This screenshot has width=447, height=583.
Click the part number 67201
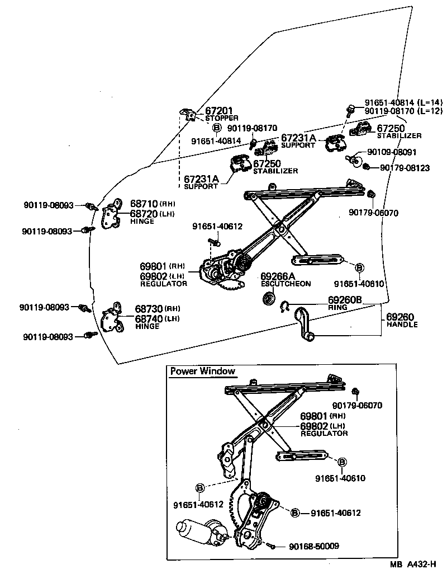coord(219,111)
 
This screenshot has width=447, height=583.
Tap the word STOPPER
coord(221,118)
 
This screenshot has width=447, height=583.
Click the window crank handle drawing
coord(305,323)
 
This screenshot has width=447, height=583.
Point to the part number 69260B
coord(345,300)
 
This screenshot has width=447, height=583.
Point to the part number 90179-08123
coord(405,167)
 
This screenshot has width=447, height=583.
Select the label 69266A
coord(277,276)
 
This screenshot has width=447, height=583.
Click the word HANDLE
coord(402,325)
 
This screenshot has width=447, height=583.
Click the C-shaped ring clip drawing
coord(284,305)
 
